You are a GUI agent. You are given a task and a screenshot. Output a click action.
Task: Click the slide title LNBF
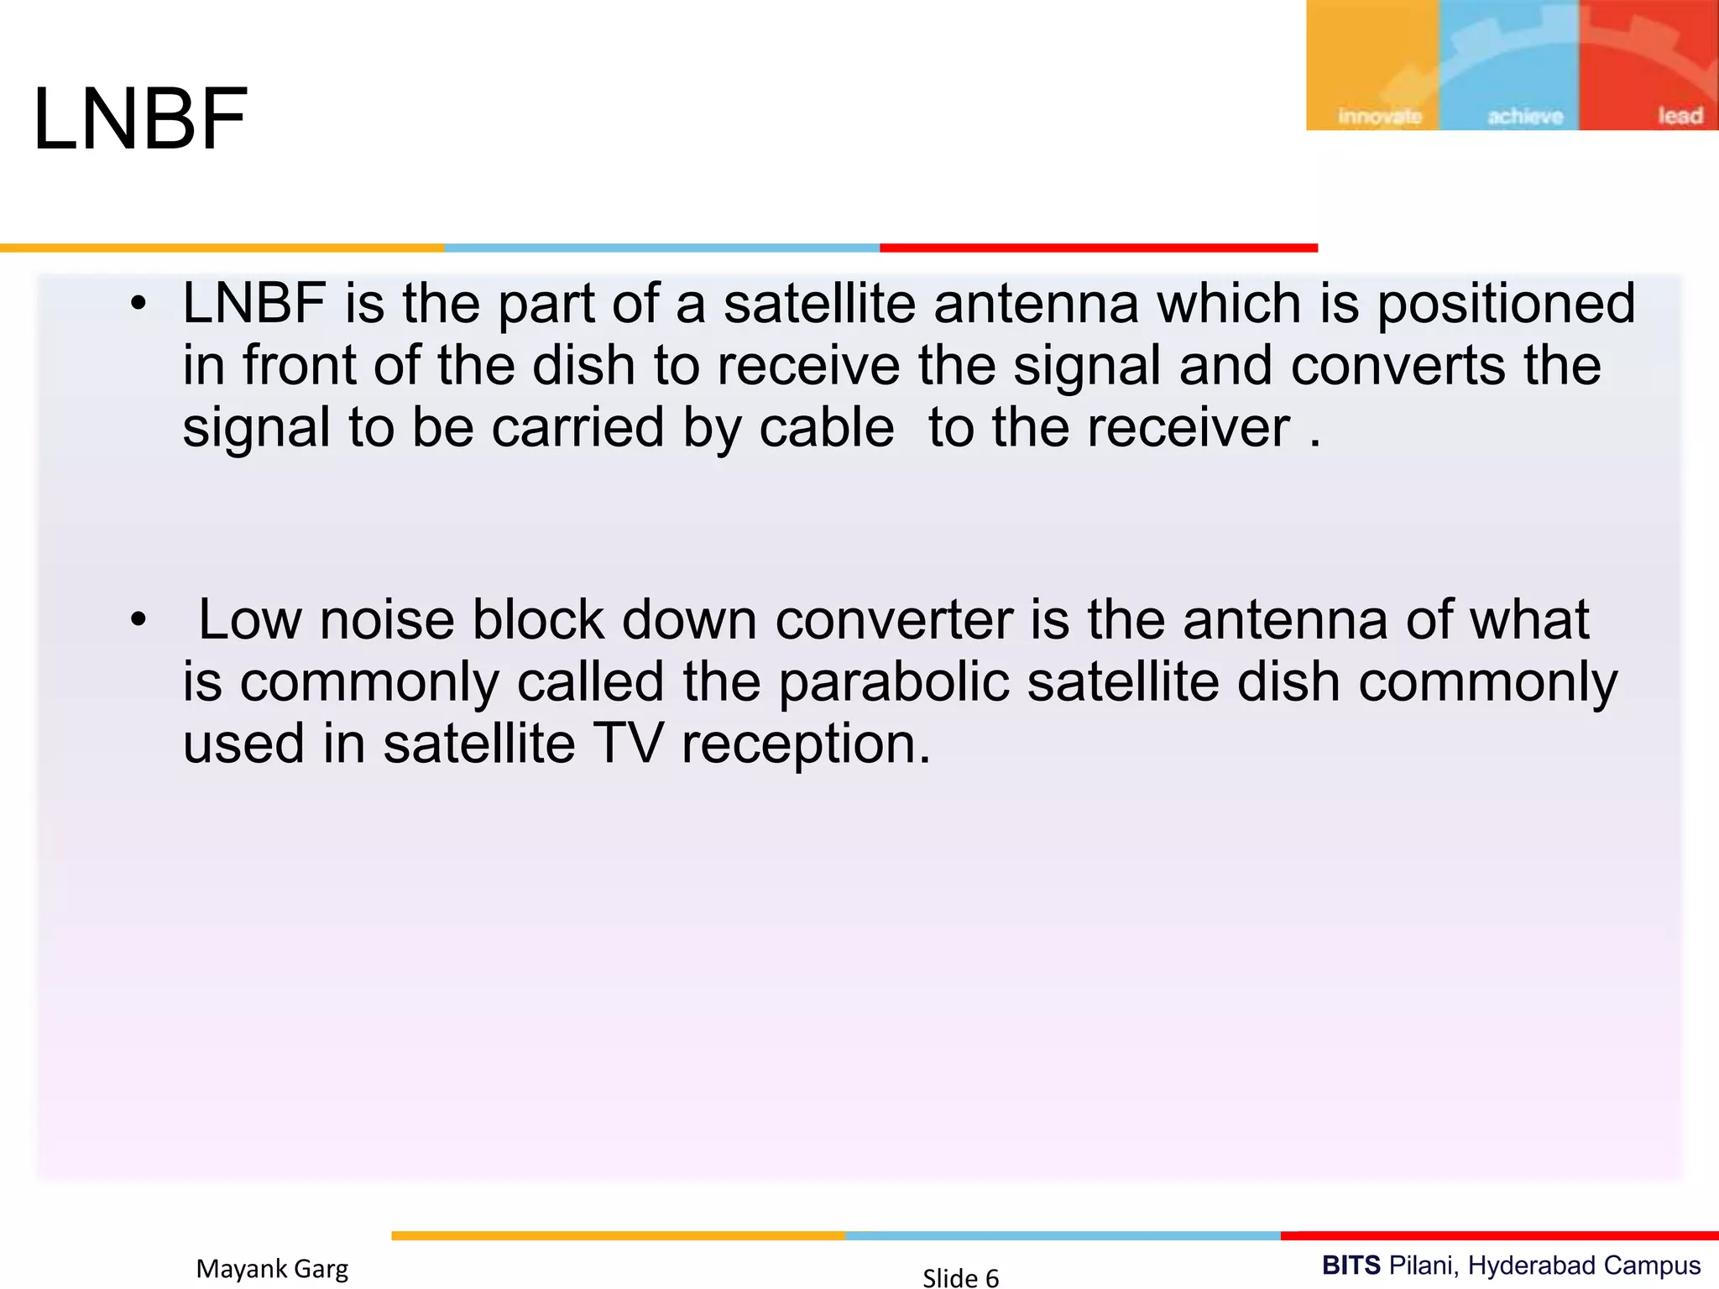click(x=140, y=119)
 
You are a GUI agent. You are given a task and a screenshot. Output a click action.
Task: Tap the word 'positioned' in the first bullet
click(x=1506, y=304)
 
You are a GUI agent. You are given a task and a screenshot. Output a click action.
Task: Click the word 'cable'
click(x=826, y=428)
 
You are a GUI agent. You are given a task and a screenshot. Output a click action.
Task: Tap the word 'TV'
click(x=628, y=744)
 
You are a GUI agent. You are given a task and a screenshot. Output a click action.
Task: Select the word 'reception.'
click(x=806, y=745)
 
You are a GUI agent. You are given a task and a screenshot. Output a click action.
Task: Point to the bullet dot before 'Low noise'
click(x=138, y=621)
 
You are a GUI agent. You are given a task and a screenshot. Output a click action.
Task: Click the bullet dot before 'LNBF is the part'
click(x=138, y=304)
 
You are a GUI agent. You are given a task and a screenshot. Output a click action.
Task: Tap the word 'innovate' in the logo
click(x=1379, y=116)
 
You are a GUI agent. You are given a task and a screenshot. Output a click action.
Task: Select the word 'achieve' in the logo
click(x=1524, y=116)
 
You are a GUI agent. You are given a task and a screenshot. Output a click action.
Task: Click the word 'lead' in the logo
click(x=1680, y=116)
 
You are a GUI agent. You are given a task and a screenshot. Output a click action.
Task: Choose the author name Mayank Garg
click(x=272, y=1269)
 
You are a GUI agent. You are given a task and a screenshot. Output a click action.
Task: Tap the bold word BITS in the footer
click(x=1351, y=1265)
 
